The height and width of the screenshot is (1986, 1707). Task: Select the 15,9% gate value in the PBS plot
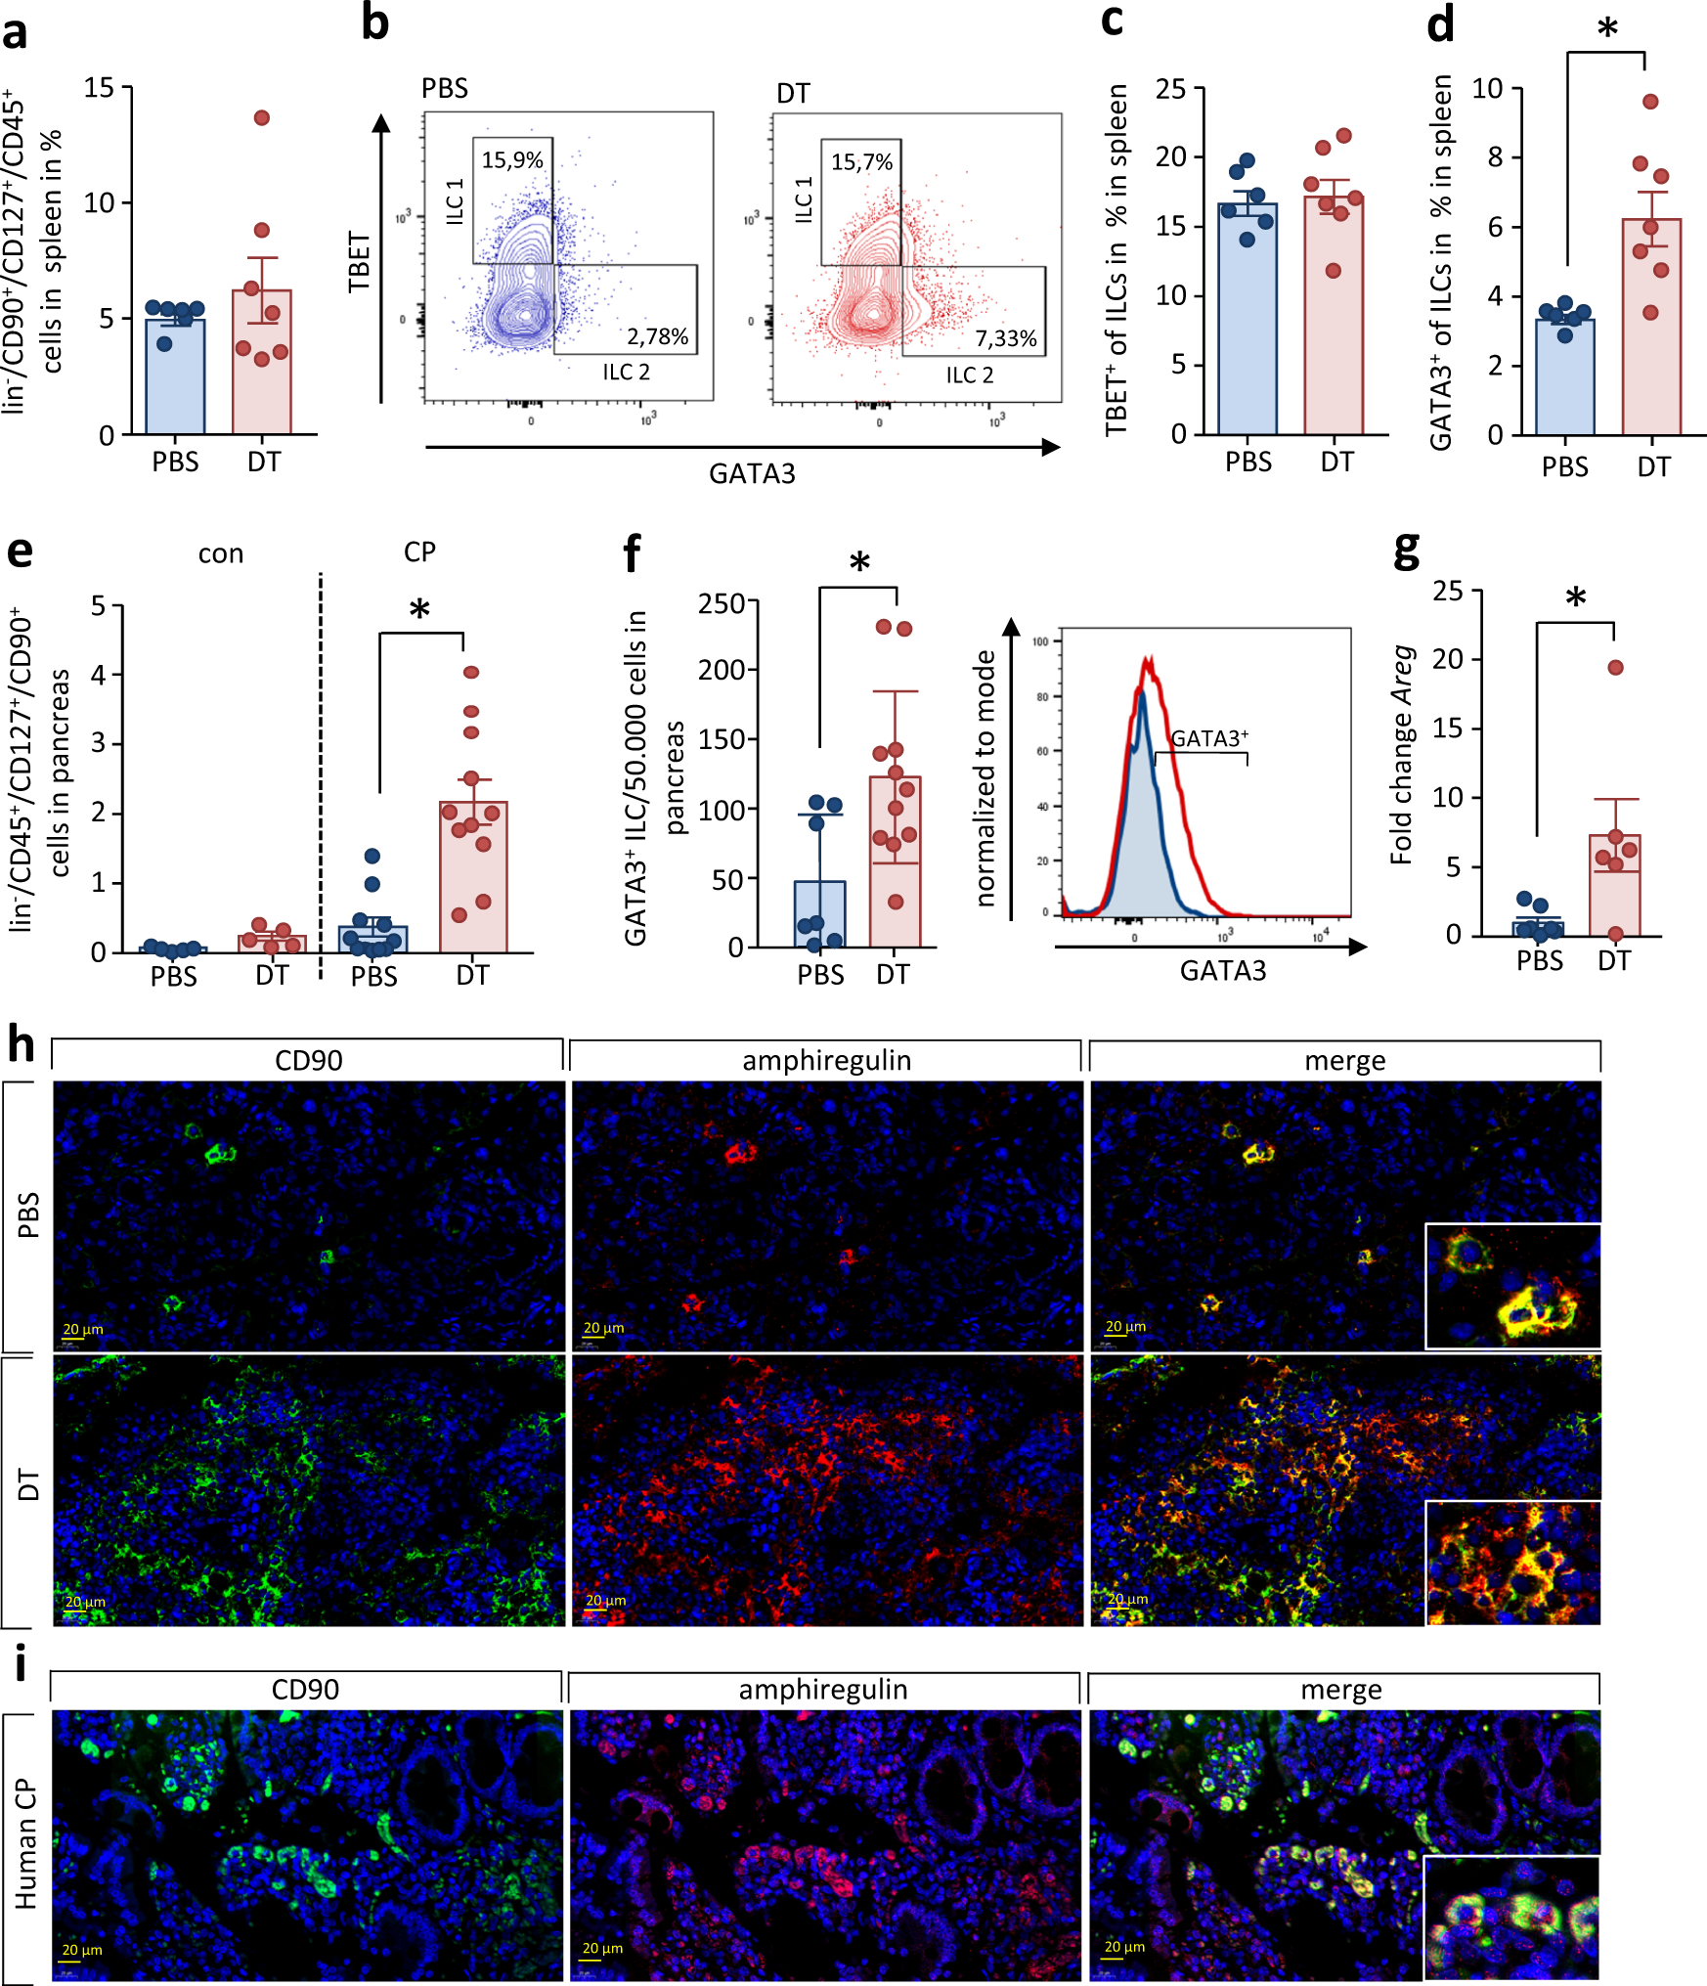511,160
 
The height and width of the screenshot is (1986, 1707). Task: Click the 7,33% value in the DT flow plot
1005,338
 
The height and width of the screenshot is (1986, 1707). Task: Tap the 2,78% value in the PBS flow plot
657,336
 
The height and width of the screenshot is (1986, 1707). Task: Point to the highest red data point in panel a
262,118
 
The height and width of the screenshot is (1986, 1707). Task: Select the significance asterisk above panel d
1607,28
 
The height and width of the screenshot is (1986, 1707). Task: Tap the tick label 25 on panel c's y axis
1170,89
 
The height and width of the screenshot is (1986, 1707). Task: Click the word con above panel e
221,554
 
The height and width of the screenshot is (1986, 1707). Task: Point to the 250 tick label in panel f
721,603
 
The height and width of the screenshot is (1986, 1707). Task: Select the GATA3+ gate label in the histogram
1209,738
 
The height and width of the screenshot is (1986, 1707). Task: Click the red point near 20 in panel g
1615,668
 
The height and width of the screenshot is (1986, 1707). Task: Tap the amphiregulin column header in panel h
826,1060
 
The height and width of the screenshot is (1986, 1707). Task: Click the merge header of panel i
1340,1690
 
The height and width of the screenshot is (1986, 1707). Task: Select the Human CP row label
25,1844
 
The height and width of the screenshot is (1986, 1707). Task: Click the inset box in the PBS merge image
1512,1286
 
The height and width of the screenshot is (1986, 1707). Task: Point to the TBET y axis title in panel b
360,261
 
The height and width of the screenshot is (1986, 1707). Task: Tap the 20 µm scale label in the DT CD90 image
85,1602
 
